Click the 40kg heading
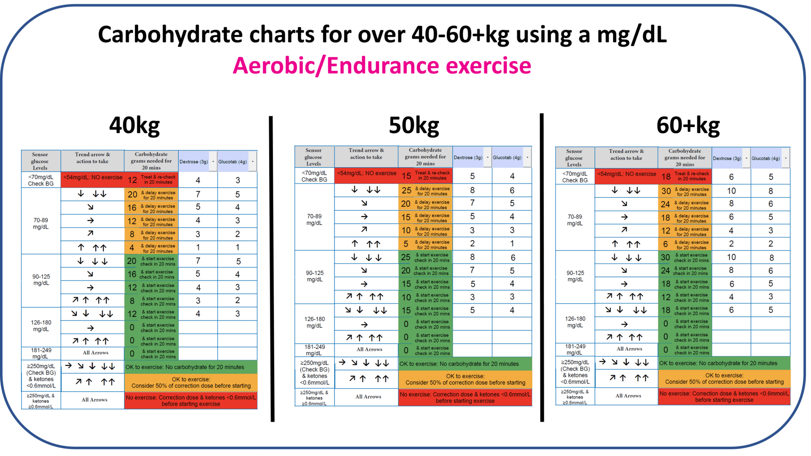click(134, 125)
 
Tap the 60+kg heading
click(688, 125)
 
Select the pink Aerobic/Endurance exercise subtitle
click(382, 66)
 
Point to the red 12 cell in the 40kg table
click(132, 180)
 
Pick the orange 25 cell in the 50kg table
click(406, 190)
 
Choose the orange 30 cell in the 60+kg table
click(666, 191)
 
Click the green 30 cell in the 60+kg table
click(665, 258)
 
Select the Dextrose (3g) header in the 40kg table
click(194, 162)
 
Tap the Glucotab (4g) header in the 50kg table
click(507, 157)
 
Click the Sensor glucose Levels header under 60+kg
click(574, 158)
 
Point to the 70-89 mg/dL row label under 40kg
click(41, 223)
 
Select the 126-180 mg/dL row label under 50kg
click(315, 322)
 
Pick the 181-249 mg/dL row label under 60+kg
click(575, 349)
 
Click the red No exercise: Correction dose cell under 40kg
click(191, 401)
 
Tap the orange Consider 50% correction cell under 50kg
click(465, 380)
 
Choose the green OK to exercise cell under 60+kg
click(724, 363)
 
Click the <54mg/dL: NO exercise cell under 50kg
click(366, 174)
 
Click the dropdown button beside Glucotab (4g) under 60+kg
click(786, 158)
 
